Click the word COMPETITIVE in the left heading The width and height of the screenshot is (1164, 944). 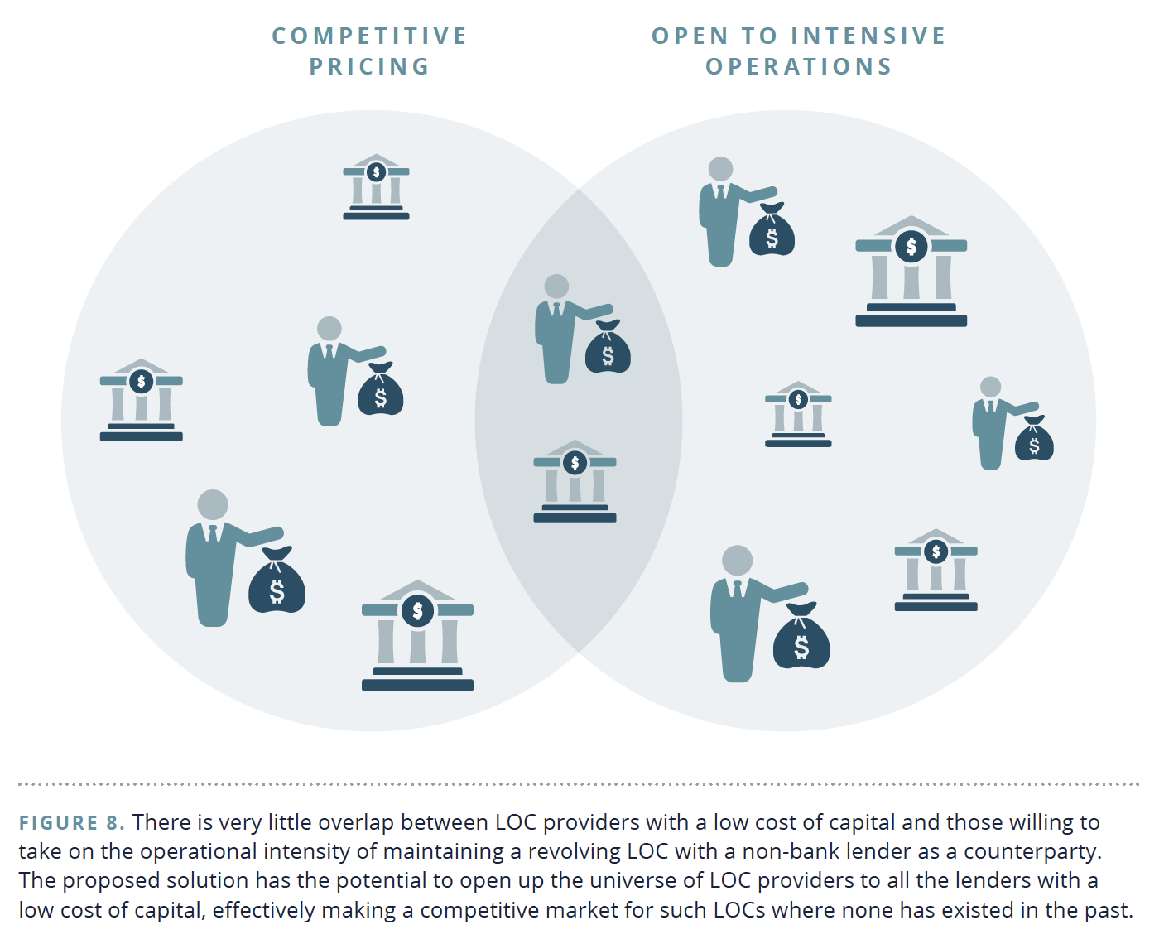[x=370, y=36]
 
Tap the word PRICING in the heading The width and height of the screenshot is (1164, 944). [x=370, y=66]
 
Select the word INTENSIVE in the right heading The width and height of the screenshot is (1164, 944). [x=868, y=36]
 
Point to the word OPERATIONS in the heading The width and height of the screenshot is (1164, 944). [x=799, y=66]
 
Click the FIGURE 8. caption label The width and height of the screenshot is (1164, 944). [x=71, y=822]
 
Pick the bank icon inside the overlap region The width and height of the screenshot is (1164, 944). [x=575, y=482]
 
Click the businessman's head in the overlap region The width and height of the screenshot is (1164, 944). [x=556, y=287]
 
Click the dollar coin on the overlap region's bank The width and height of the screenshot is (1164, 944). [x=575, y=463]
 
